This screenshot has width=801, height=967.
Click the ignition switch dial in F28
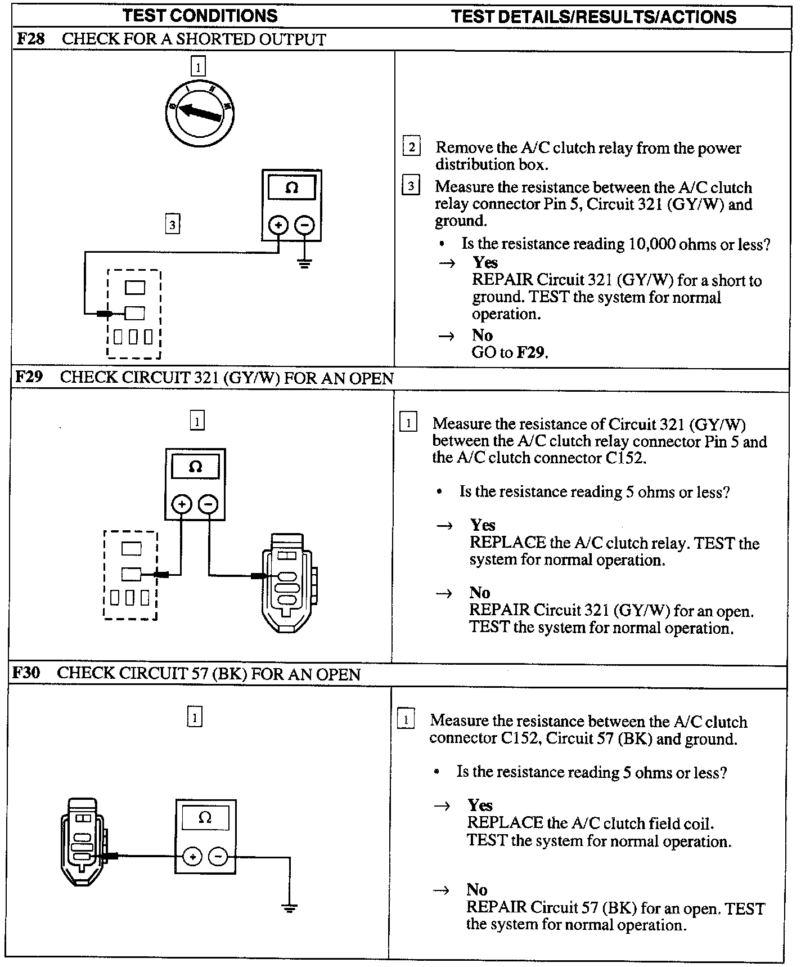(200, 114)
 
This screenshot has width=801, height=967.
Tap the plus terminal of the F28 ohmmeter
(278, 226)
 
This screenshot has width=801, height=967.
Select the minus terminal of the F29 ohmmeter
(208, 504)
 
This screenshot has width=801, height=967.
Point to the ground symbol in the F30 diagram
(290, 907)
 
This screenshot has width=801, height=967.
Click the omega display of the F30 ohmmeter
(205, 818)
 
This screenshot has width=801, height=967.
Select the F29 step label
(29, 377)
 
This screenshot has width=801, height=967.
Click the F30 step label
(26, 673)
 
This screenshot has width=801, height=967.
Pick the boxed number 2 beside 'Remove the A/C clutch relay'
(412, 147)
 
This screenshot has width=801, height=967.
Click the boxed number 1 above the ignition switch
(198, 67)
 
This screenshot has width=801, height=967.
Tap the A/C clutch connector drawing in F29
(287, 582)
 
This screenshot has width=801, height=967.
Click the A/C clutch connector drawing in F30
(83, 841)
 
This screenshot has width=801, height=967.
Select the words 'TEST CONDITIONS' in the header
(200, 16)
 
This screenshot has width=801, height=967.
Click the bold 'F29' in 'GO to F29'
(531, 353)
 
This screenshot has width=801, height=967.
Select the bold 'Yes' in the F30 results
(480, 805)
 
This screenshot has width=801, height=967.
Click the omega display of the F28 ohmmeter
(291, 187)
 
